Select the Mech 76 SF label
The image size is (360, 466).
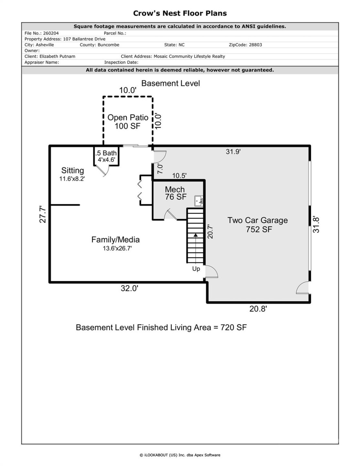coord(175,193)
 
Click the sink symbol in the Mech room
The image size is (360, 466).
coord(199,201)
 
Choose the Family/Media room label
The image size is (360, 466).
coord(115,240)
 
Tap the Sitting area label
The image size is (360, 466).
coord(72,171)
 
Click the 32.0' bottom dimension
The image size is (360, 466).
coord(129,288)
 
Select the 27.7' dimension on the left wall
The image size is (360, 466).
coord(43,214)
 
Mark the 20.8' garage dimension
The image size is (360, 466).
coord(258,309)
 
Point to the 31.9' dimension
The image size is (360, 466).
coord(233,151)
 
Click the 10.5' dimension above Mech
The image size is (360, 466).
coord(179,176)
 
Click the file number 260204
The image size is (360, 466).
coord(50,33)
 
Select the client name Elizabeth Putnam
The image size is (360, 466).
coord(57,56)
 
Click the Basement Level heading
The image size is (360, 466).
coord(170,83)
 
